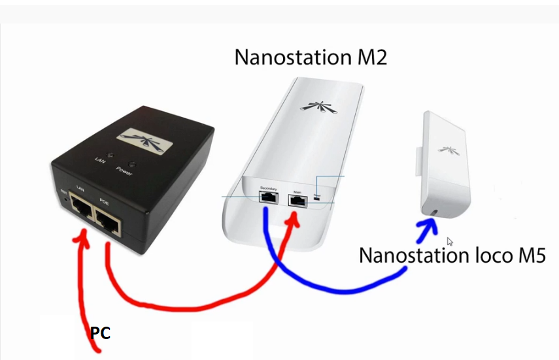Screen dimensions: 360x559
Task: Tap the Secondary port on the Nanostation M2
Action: pyautogui.click(x=267, y=200)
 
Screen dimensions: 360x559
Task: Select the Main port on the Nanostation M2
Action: pyautogui.click(x=297, y=201)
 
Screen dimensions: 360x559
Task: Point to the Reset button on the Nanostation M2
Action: pyautogui.click(x=317, y=201)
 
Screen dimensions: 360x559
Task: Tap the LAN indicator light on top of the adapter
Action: pyautogui.click(x=110, y=155)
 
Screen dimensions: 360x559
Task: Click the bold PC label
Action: pyautogui.click(x=100, y=333)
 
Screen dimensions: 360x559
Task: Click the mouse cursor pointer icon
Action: pyautogui.click(x=450, y=241)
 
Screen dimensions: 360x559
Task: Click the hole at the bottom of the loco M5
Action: pyautogui.click(x=435, y=212)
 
